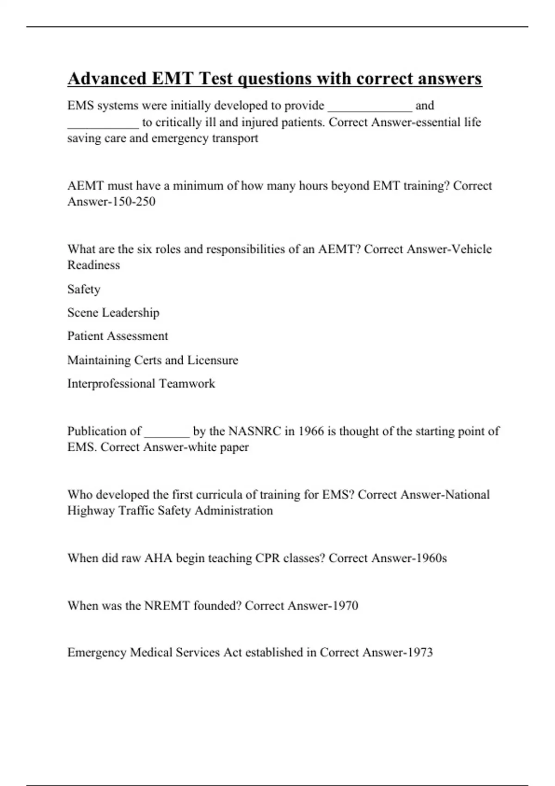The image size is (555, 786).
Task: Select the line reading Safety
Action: tap(84, 289)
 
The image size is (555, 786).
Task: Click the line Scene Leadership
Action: tap(113, 313)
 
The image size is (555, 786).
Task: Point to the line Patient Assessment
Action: tap(117, 336)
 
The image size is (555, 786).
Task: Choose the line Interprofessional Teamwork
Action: tap(141, 384)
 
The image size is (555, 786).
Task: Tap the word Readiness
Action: tap(93, 265)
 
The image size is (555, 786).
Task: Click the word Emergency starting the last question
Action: tap(97, 652)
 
